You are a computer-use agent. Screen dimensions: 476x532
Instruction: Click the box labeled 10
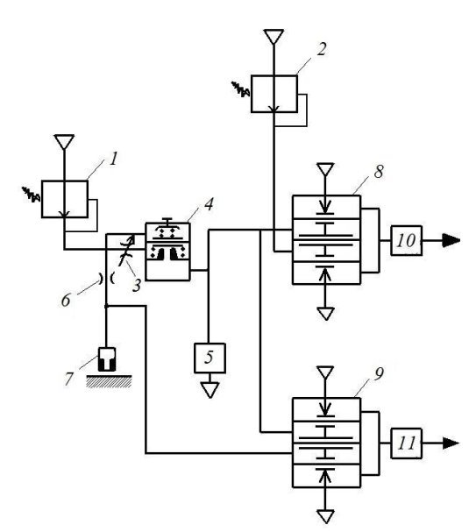tap(407, 240)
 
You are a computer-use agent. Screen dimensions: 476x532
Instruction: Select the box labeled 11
tap(407, 443)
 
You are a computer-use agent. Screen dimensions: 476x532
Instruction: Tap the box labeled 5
tap(210, 358)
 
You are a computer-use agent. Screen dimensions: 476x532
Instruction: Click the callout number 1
tap(114, 159)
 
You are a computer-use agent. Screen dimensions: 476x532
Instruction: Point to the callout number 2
tap(322, 49)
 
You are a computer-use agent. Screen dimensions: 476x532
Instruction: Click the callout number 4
tap(209, 204)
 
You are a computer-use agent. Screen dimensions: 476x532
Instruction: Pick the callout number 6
tap(66, 301)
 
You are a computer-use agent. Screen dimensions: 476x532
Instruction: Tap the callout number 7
tap(69, 379)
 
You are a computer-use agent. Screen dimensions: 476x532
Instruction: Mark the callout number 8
tap(379, 172)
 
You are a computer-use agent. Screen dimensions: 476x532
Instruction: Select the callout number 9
tap(379, 373)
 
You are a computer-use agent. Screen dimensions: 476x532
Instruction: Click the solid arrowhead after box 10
tap(451, 240)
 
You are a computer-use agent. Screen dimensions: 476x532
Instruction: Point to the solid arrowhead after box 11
tap(451, 443)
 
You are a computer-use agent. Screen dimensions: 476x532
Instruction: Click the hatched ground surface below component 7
tap(109, 381)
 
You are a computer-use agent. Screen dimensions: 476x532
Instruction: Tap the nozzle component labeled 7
tap(107, 359)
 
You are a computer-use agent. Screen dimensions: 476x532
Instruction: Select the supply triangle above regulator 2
tap(274, 36)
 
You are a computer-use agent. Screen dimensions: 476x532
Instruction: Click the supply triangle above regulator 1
tap(64, 141)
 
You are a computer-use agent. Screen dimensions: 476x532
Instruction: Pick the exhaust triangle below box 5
tap(210, 389)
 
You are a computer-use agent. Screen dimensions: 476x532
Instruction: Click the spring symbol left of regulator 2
tap(241, 89)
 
